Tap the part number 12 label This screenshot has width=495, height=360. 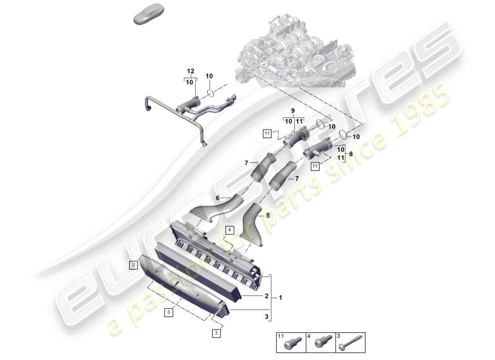point(190,72)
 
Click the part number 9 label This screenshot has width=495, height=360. point(293,110)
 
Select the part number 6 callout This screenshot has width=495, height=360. point(218,198)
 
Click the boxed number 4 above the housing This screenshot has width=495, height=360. point(229,230)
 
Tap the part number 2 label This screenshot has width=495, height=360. point(266,296)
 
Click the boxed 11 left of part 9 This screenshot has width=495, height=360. point(267,133)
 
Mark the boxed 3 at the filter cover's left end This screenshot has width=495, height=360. point(133,265)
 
